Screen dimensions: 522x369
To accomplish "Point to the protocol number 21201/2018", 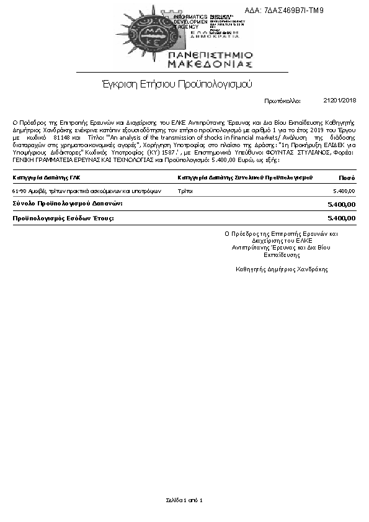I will (x=340, y=100).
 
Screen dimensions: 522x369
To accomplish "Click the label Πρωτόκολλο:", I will (x=282, y=100).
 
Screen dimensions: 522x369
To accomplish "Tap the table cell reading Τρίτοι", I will (x=185, y=191).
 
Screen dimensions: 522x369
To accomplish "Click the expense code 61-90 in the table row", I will (x=19, y=191).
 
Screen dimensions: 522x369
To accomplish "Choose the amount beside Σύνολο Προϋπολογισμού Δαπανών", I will (x=341, y=204).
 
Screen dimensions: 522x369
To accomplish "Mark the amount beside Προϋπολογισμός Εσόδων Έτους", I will (x=341, y=218).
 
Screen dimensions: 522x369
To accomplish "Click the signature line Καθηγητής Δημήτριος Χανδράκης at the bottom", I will (x=282, y=269).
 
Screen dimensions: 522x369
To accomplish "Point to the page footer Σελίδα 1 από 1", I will (x=184, y=500).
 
